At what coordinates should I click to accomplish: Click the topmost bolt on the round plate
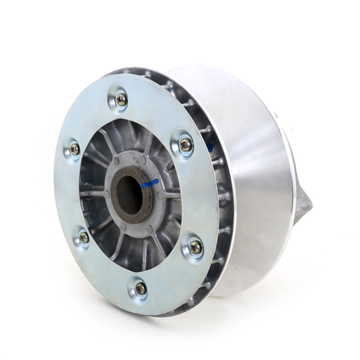coord(121,99)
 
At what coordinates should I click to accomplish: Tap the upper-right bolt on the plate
coord(185,145)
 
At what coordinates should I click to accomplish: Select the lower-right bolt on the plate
coord(196,247)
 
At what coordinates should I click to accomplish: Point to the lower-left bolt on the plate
coord(83,236)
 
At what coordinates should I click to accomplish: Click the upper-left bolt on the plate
coord(74,149)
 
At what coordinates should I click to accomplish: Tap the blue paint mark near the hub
coord(151,183)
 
